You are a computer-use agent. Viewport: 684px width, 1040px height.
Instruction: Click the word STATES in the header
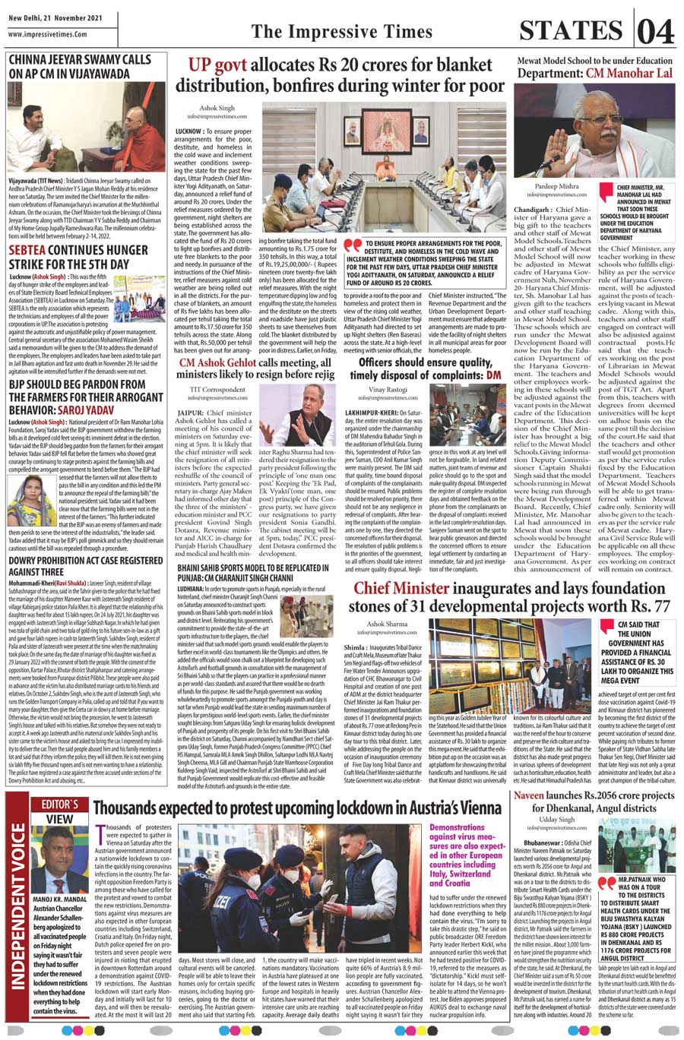[571, 30]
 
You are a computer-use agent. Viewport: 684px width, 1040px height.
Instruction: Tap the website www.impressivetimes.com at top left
[48, 35]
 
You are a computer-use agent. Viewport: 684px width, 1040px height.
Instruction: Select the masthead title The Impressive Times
[341, 31]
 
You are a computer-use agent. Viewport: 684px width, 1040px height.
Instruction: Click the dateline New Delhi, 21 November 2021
[55, 17]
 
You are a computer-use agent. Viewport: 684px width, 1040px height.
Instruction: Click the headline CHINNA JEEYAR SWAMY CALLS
[80, 59]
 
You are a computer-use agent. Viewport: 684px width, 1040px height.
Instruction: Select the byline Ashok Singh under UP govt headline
[217, 109]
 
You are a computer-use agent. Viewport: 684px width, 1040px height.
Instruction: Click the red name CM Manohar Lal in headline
[629, 74]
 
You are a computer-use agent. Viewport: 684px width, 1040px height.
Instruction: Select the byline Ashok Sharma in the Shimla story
[387, 624]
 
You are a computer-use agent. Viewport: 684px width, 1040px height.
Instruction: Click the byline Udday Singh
[557, 820]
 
